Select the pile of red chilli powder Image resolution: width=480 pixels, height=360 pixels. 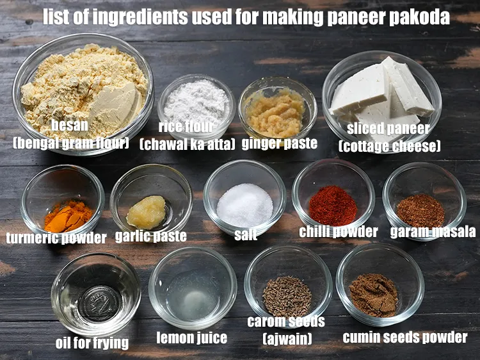333,206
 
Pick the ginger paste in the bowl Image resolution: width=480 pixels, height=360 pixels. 276,113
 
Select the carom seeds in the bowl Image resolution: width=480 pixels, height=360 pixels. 287,295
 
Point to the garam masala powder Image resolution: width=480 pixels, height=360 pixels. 420,210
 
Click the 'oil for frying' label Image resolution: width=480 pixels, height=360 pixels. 92,343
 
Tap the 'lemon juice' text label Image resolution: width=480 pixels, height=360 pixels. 192,338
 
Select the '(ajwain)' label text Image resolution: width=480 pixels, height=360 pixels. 287,338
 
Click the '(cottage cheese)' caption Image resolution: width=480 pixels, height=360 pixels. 389,147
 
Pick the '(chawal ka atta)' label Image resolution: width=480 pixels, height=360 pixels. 187,143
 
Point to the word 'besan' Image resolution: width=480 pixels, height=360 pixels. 70,126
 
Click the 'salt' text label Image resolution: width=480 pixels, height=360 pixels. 246,235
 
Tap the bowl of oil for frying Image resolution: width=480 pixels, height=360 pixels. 96,295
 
